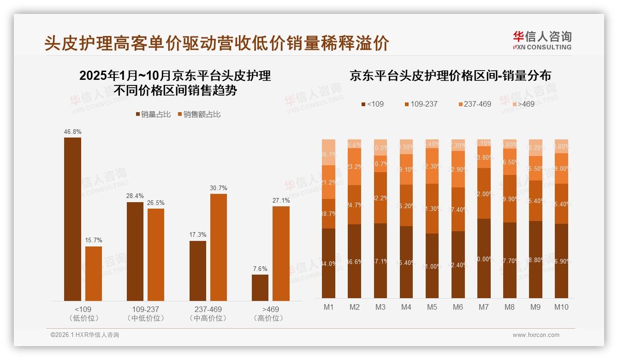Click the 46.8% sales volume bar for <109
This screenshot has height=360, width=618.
72,219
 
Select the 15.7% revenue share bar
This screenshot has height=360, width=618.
94,274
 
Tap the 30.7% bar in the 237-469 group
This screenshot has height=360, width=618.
219,247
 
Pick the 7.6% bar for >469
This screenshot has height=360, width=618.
260,288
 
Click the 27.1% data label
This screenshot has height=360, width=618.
281,201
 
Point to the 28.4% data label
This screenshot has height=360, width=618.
135,197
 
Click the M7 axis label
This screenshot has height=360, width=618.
483,307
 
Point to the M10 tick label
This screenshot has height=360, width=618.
561,307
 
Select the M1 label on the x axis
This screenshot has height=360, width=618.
328,307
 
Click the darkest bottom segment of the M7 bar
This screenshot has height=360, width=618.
484,258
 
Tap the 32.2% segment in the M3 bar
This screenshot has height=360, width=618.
380,198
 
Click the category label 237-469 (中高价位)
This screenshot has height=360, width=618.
208,313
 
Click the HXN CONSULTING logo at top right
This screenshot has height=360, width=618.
542,40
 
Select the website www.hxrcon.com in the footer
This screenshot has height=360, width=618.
535,335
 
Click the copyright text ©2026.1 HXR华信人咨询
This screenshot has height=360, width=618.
84,335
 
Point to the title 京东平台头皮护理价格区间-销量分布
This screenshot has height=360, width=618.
450,76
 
